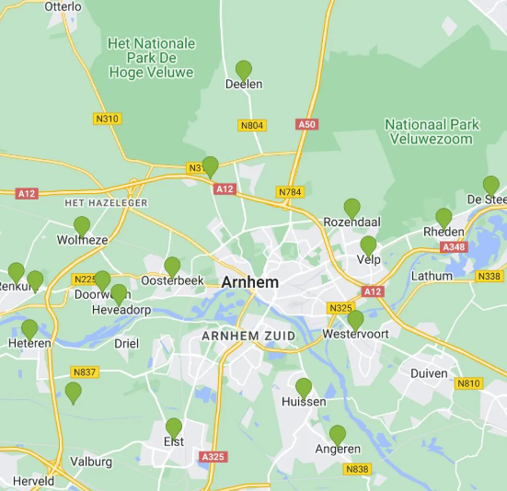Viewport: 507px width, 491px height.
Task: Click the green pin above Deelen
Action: click(244, 70)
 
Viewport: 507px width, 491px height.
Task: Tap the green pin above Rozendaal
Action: click(352, 208)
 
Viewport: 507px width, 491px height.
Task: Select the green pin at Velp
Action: click(368, 245)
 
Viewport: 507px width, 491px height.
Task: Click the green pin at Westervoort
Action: click(355, 320)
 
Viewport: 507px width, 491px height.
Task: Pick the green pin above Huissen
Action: click(304, 387)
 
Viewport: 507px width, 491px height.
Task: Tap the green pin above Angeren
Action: click(338, 434)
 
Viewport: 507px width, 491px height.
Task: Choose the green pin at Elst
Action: click(174, 428)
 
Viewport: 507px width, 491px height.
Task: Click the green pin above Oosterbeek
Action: click(172, 267)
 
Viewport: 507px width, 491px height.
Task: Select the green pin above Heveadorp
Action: click(119, 294)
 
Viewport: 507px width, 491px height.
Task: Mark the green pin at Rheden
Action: click(444, 218)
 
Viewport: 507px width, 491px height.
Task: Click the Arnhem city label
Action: click(250, 282)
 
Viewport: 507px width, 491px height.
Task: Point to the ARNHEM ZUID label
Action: click(248, 337)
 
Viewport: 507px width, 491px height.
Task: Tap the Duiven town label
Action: click(429, 373)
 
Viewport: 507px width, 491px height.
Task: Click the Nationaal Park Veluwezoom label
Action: click(429, 131)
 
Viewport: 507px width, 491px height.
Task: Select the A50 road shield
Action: click(306, 124)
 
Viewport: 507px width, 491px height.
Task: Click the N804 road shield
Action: click(251, 125)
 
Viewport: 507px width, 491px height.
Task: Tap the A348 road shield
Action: click(454, 246)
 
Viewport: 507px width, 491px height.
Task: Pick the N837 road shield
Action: click(85, 371)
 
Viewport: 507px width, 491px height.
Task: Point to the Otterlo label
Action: click(63, 6)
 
